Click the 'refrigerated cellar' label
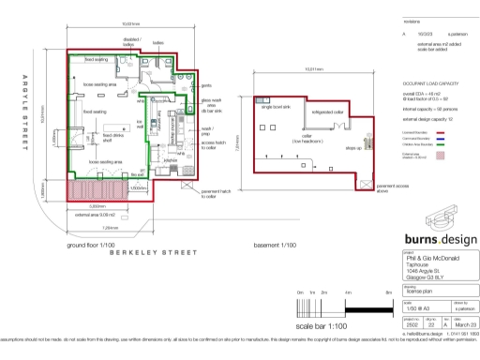pyautogui.click(x=315, y=109)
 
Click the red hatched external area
pyautogui.click(x=87, y=191)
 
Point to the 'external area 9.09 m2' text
pyautogui.click(x=89, y=214)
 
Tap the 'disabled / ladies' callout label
pyautogui.click(x=130, y=41)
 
